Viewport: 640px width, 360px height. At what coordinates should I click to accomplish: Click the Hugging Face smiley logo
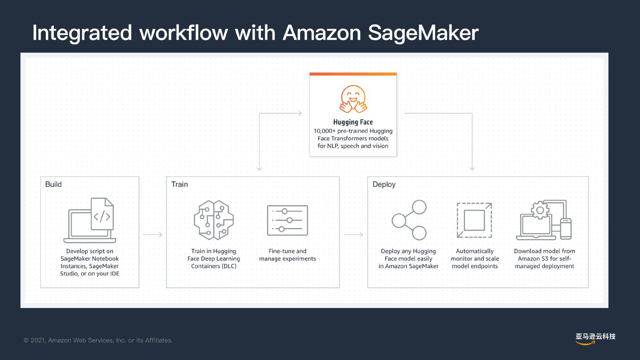pyautogui.click(x=353, y=98)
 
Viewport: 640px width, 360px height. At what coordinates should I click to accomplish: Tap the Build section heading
pyautogui.click(x=53, y=184)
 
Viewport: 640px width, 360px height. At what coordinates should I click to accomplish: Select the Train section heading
pyautogui.click(x=180, y=184)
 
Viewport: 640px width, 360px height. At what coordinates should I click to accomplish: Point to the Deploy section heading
pyautogui.click(x=384, y=184)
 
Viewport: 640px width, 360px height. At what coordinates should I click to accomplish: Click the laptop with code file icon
pyautogui.click(x=91, y=220)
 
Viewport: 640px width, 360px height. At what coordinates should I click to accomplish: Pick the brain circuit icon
pyautogui.click(x=214, y=220)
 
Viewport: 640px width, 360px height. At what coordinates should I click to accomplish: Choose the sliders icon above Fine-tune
pyautogui.click(x=288, y=220)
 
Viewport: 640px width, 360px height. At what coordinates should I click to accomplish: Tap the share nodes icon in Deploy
pyautogui.click(x=409, y=220)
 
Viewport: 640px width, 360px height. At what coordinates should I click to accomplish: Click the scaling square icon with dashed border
pyautogui.click(x=474, y=220)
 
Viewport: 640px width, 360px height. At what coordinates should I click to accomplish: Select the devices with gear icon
pyautogui.click(x=544, y=220)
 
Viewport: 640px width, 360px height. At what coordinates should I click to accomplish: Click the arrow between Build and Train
pyautogui.click(x=152, y=235)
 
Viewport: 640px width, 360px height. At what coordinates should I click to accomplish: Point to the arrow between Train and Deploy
pyautogui.click(x=353, y=235)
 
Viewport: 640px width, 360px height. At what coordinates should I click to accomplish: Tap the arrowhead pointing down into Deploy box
pyautogui.click(x=472, y=168)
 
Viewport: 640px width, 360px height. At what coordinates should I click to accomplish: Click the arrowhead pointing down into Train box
pyautogui.click(x=260, y=168)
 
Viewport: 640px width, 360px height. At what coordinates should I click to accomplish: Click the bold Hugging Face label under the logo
pyautogui.click(x=353, y=122)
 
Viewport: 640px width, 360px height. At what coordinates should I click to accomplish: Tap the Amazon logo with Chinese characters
pyautogui.click(x=596, y=338)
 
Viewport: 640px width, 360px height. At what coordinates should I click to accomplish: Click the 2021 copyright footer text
pyautogui.click(x=98, y=340)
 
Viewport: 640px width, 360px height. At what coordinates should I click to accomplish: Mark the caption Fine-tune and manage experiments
pyautogui.click(x=288, y=255)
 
